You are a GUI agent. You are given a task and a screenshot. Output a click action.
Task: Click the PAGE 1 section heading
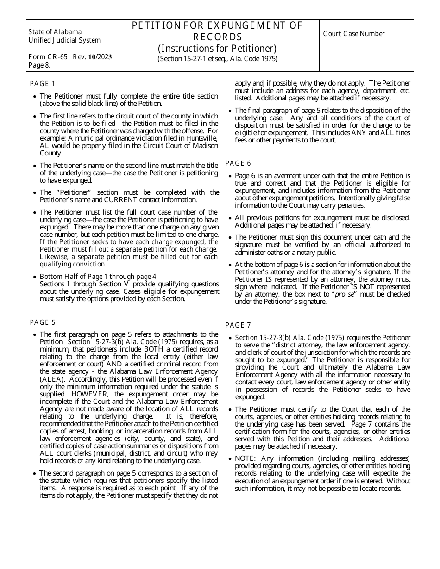[43, 84]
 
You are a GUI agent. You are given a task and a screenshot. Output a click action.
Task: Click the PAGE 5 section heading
[43, 322]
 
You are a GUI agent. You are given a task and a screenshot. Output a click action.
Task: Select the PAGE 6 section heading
[238, 163]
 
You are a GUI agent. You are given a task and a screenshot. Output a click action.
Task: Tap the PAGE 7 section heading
[238, 325]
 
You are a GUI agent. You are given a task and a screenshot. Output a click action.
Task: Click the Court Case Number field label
[354, 34]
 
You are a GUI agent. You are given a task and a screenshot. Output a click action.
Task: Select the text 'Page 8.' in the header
[39, 65]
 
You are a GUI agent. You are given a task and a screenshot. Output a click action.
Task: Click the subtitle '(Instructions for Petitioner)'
[217, 48]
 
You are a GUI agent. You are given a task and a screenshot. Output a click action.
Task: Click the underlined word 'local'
[151, 357]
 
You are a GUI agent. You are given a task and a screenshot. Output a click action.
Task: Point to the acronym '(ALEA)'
[51, 379]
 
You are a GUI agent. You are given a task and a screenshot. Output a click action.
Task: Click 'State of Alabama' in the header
[55, 32]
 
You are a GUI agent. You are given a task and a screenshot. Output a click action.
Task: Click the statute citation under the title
[217, 59]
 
